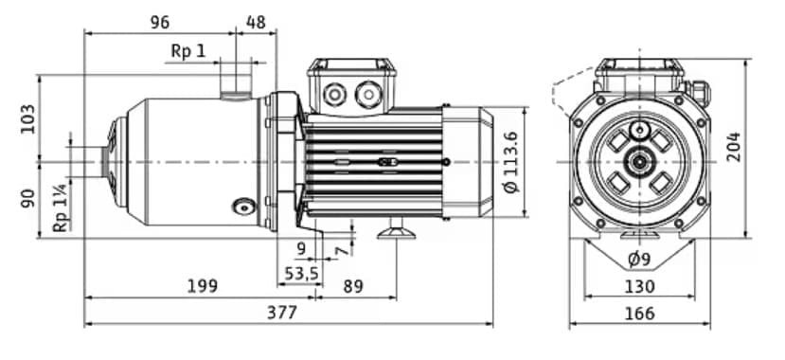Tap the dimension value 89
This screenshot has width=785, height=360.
click(353, 285)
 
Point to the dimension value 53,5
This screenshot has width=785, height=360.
click(301, 273)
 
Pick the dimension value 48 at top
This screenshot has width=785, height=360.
click(256, 21)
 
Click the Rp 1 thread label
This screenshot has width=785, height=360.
click(187, 50)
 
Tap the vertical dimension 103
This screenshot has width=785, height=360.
click(27, 119)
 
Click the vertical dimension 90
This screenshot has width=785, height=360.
click(27, 199)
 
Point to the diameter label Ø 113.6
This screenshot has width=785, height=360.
click(512, 162)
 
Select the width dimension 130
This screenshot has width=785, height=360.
click(639, 285)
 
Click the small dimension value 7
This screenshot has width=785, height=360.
click(340, 251)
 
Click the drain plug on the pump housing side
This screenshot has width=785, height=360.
click(243, 207)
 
